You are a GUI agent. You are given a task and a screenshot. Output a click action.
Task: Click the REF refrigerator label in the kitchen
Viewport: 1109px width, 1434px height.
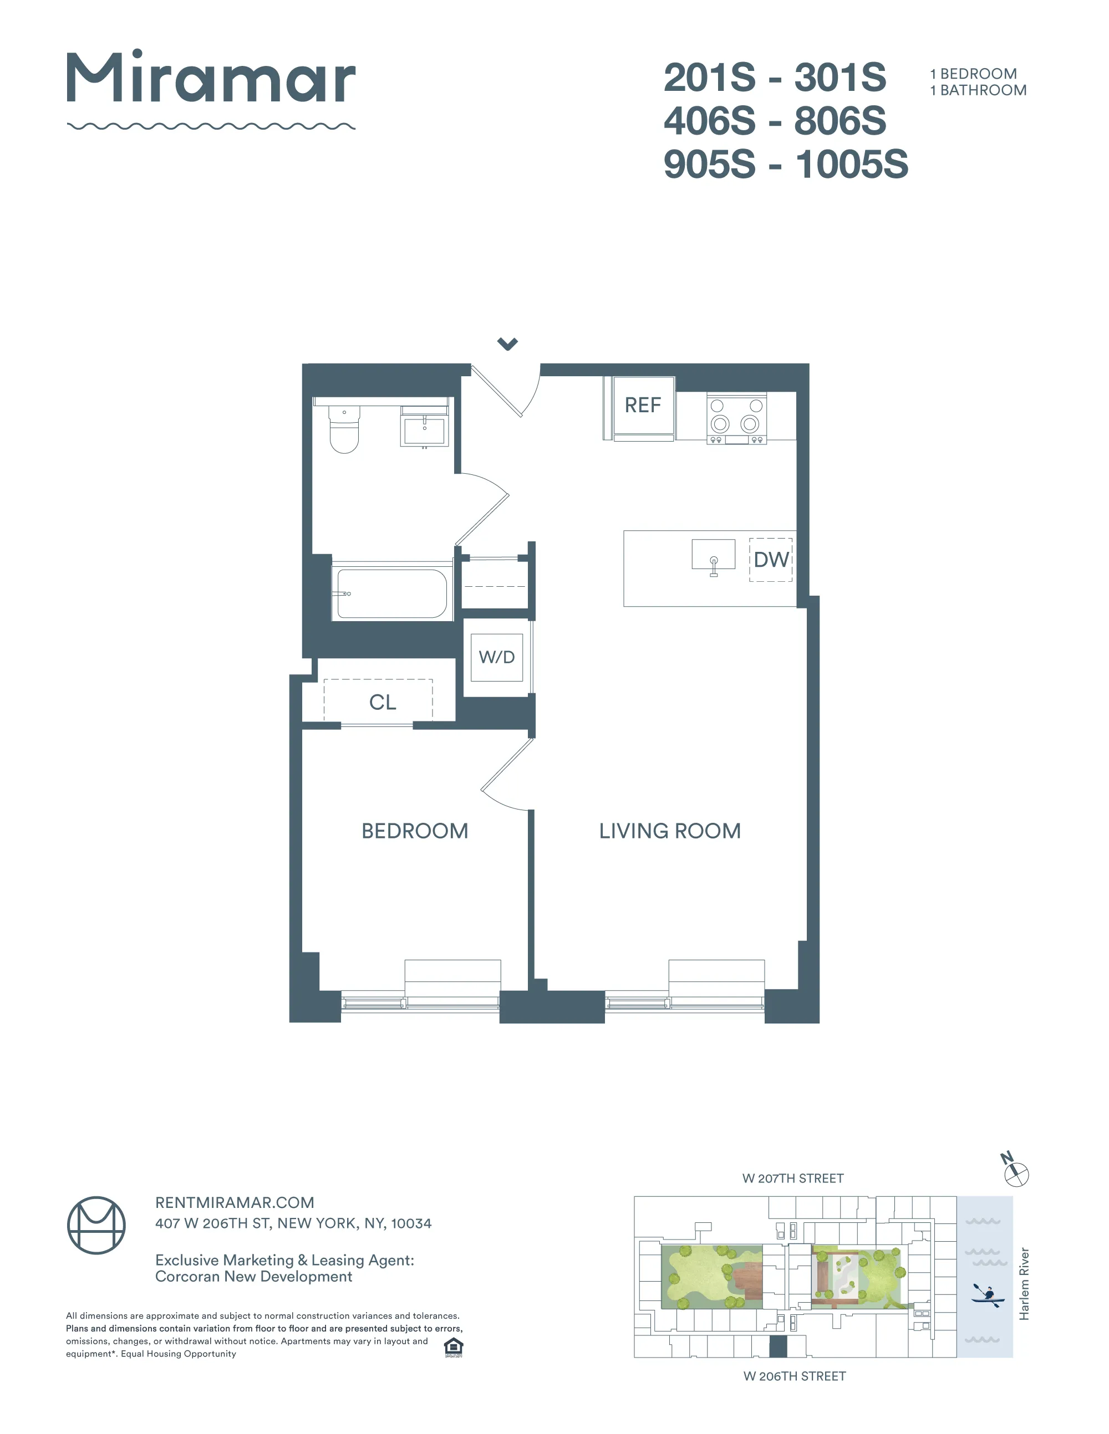point(643,405)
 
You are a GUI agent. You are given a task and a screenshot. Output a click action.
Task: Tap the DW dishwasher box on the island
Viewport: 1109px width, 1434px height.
point(771,560)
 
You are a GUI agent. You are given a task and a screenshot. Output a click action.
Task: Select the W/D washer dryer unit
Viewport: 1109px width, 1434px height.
point(497,657)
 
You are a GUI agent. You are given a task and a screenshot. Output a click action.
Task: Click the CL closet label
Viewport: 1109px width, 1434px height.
point(383,703)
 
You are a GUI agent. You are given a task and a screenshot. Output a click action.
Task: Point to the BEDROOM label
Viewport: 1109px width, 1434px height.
point(415,831)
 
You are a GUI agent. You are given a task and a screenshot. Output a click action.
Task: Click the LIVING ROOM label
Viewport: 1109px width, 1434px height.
point(669,831)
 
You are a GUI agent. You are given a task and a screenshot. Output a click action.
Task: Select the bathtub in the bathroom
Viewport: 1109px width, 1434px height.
point(391,593)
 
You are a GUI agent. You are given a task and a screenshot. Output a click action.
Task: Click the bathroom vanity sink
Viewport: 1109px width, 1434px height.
point(424,430)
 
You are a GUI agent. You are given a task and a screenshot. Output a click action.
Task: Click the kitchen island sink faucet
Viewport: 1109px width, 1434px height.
point(714,564)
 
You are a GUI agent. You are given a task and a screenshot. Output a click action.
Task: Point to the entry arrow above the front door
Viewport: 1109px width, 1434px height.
point(507,344)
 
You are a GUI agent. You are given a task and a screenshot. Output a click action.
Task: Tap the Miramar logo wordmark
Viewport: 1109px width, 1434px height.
point(211,79)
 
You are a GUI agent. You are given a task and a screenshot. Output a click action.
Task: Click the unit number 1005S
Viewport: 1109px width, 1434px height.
point(852,164)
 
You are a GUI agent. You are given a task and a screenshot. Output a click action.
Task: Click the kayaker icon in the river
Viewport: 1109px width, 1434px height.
point(987,1295)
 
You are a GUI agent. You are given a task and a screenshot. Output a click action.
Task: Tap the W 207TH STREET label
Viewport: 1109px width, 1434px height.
point(792,1178)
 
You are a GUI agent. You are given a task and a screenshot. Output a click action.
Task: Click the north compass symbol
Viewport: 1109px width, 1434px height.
point(1016,1172)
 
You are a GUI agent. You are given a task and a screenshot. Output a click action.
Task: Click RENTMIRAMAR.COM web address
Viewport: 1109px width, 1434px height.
point(235,1202)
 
